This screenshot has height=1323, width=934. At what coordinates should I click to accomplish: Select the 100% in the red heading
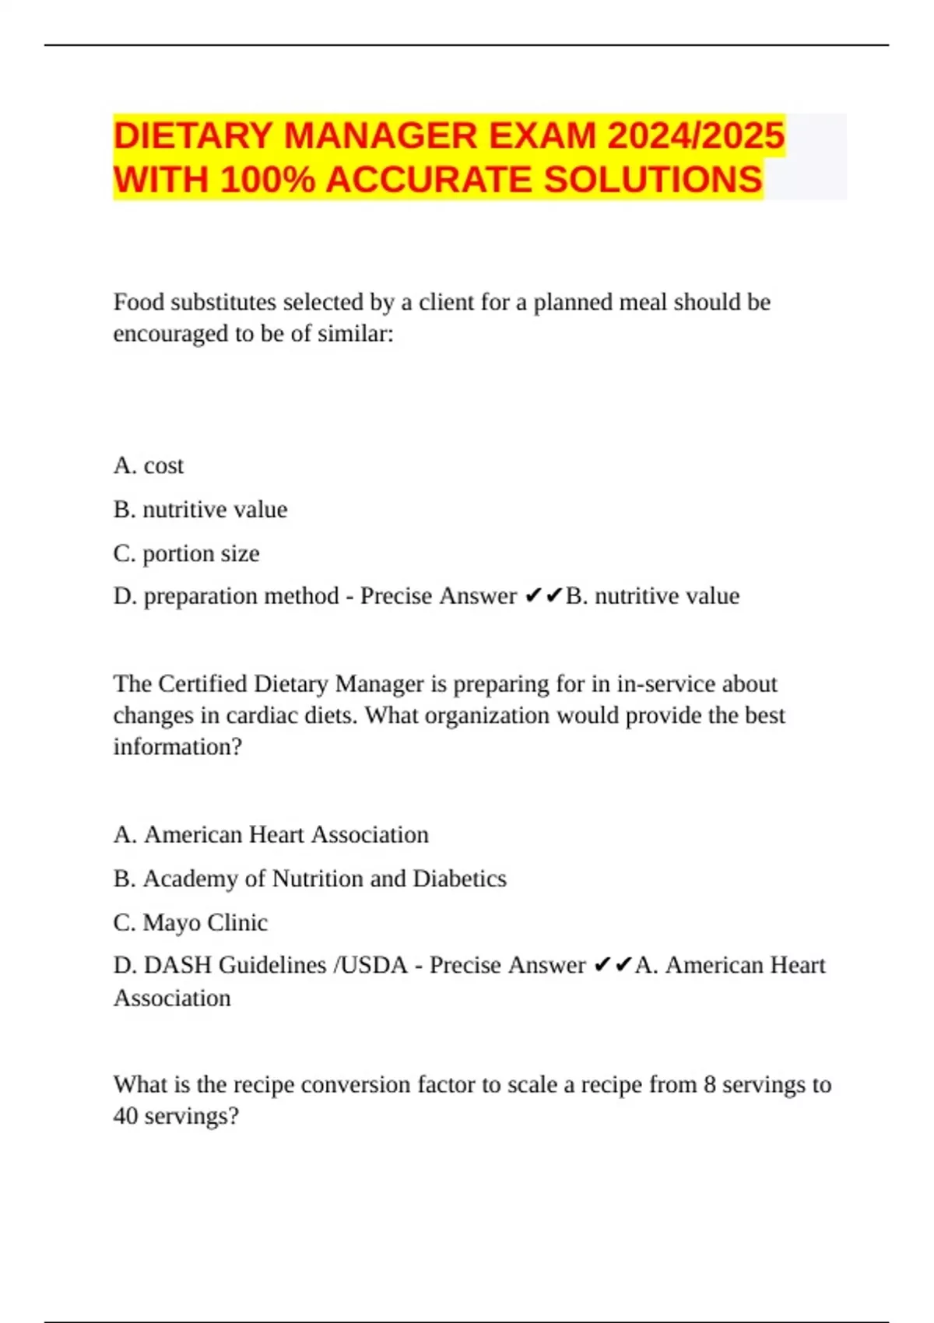(x=268, y=181)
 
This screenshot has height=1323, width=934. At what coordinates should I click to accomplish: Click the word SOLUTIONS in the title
(x=653, y=181)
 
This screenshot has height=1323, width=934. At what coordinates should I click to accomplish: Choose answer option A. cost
(x=149, y=465)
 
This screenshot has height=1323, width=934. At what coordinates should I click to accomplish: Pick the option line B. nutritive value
(x=200, y=509)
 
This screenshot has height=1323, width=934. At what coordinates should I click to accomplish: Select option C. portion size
(x=186, y=553)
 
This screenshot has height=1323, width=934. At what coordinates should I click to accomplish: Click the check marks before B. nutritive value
(x=543, y=596)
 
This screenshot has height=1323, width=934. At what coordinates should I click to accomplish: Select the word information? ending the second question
(x=177, y=747)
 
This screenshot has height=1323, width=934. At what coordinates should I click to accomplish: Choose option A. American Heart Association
(x=271, y=834)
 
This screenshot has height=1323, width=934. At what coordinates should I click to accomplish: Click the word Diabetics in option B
(x=459, y=879)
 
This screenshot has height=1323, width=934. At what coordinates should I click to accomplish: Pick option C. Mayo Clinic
(x=191, y=922)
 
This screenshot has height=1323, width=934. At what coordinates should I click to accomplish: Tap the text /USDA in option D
(x=370, y=965)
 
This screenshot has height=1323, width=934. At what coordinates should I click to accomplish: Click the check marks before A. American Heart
(x=613, y=966)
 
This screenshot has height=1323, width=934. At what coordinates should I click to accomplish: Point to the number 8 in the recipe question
(x=709, y=1084)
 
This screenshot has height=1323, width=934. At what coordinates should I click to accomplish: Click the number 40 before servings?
(x=125, y=1116)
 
